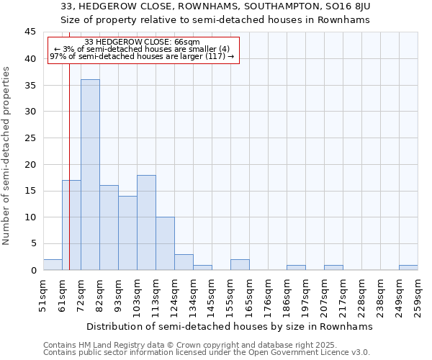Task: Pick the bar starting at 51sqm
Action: coord(53,264)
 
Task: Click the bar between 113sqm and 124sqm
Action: coord(165,243)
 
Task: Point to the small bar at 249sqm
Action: coord(408,267)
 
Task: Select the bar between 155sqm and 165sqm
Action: coord(240,264)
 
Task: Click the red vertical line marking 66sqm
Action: coord(69,144)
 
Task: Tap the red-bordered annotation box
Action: coord(143,50)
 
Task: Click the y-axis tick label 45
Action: coord(30,32)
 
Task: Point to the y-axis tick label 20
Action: coord(30,164)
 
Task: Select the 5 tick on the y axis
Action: coord(32,243)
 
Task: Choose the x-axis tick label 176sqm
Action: coord(268,295)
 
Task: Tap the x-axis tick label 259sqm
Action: coord(418,295)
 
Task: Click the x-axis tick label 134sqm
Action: coord(193,295)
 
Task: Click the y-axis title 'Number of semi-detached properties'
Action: coord(7,156)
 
